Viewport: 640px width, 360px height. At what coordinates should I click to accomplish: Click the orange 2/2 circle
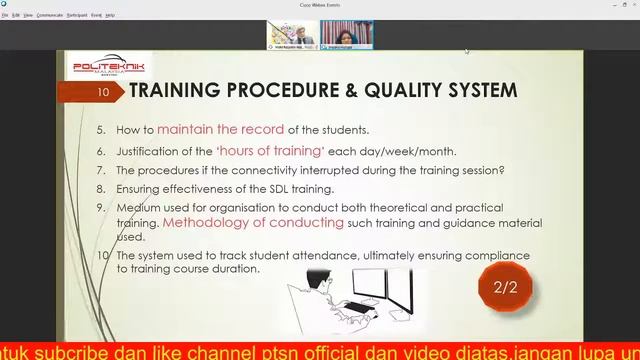pyautogui.click(x=505, y=288)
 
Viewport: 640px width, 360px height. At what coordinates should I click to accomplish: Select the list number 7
pyautogui.click(x=101, y=170)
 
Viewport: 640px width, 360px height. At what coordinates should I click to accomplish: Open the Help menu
pyautogui.click(x=110, y=15)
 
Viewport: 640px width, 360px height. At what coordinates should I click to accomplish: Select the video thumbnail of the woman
pyautogui.click(x=346, y=35)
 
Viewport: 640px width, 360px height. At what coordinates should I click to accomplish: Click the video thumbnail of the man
pyautogui.click(x=292, y=35)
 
